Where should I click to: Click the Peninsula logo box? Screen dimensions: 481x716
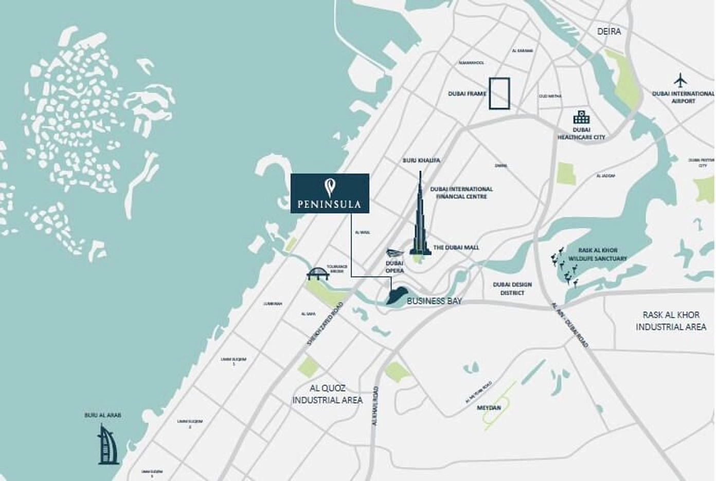coord(330,193)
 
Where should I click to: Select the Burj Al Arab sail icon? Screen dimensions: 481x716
coord(108,444)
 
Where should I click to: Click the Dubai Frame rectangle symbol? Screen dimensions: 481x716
coord(499,94)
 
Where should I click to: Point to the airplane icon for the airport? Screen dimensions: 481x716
coord(681,81)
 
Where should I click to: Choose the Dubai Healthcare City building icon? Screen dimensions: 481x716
coord(581,117)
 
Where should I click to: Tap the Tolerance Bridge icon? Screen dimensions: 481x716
coord(318,274)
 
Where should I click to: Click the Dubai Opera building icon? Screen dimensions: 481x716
coord(395,253)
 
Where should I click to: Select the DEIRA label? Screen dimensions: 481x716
coord(609,31)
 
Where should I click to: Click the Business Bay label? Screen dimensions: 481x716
coord(434,301)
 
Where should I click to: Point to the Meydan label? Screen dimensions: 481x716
coord(489,408)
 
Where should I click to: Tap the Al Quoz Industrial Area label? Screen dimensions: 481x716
coord(328,394)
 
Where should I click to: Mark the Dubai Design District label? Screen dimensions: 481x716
coord(512,288)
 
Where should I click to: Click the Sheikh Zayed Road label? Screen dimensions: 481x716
coord(325,327)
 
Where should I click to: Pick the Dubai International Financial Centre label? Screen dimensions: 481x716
coord(461,192)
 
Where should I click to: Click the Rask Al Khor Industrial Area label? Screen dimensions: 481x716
coord(671,321)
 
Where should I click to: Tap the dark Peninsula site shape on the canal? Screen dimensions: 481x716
coord(395,296)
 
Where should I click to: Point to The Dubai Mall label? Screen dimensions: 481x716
coord(456,247)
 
